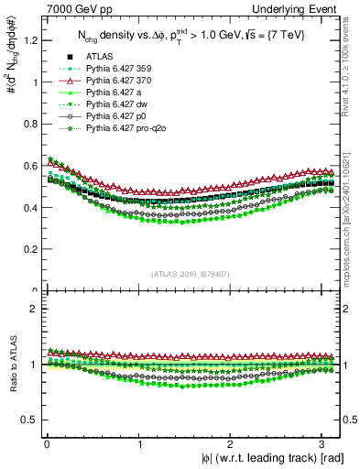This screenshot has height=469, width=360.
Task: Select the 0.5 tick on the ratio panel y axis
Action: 31,420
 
